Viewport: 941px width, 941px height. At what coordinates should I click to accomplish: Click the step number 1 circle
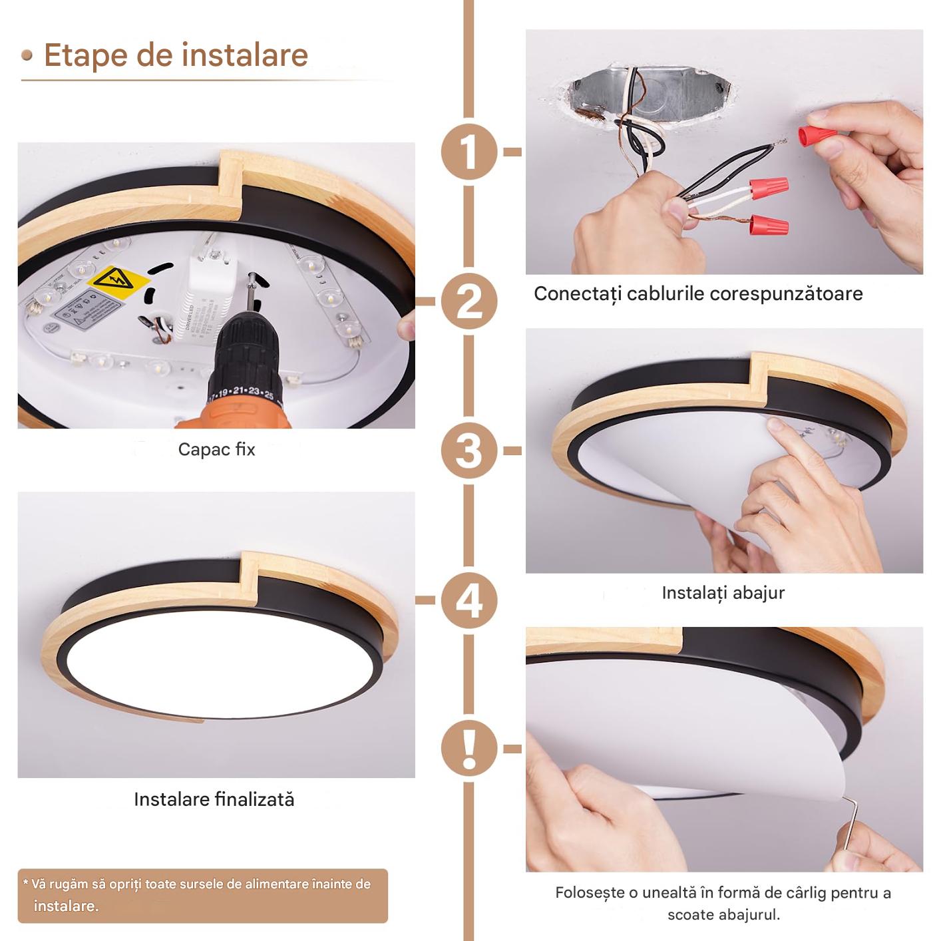click(469, 151)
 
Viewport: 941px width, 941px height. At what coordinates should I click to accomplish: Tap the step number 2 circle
click(469, 301)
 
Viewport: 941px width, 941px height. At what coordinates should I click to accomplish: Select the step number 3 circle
click(469, 451)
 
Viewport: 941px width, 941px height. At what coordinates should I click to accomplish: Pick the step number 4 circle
click(469, 600)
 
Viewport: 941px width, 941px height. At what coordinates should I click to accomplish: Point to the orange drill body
click(234, 416)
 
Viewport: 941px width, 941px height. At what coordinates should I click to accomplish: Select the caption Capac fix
click(216, 449)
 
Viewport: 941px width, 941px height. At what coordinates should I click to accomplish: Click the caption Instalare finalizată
click(214, 799)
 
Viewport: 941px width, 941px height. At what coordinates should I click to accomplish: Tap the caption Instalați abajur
click(723, 593)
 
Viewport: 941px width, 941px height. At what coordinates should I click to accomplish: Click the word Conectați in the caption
click(577, 294)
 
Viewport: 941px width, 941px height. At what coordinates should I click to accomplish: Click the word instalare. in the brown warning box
click(66, 906)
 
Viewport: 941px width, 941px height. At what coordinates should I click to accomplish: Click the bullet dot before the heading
click(27, 55)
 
